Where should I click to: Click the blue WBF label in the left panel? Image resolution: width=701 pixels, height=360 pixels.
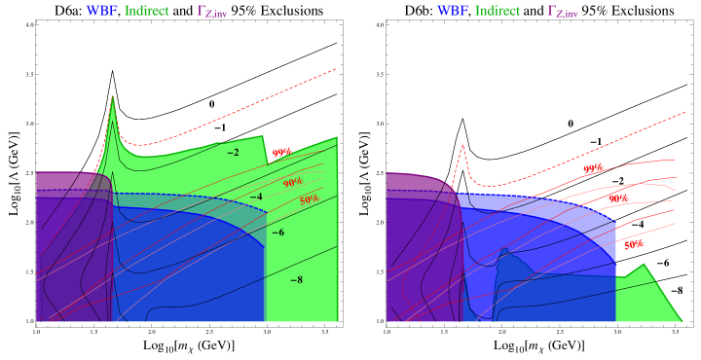101,12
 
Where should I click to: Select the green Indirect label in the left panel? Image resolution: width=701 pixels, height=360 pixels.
147,12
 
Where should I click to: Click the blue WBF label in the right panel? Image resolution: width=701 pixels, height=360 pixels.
452,12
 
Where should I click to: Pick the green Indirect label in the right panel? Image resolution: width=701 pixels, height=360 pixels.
498,12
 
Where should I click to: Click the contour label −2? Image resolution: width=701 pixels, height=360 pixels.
233,153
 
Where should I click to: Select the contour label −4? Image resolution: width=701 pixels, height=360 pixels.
256,198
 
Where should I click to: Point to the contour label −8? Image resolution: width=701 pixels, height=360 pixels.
297,280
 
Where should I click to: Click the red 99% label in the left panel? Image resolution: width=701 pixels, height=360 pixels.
281,153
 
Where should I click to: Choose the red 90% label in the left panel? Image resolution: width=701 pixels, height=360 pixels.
292,183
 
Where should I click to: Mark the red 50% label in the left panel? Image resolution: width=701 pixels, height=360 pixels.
309,199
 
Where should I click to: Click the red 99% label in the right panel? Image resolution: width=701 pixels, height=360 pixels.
592,168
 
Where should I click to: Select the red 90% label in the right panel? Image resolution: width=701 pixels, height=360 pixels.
617,198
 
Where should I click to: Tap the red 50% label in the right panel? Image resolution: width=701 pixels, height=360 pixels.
634,245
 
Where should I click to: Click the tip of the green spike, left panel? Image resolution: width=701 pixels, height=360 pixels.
114,95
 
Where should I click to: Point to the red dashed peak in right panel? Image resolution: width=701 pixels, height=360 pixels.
463,144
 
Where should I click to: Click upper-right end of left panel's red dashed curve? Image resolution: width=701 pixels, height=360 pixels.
337,69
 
